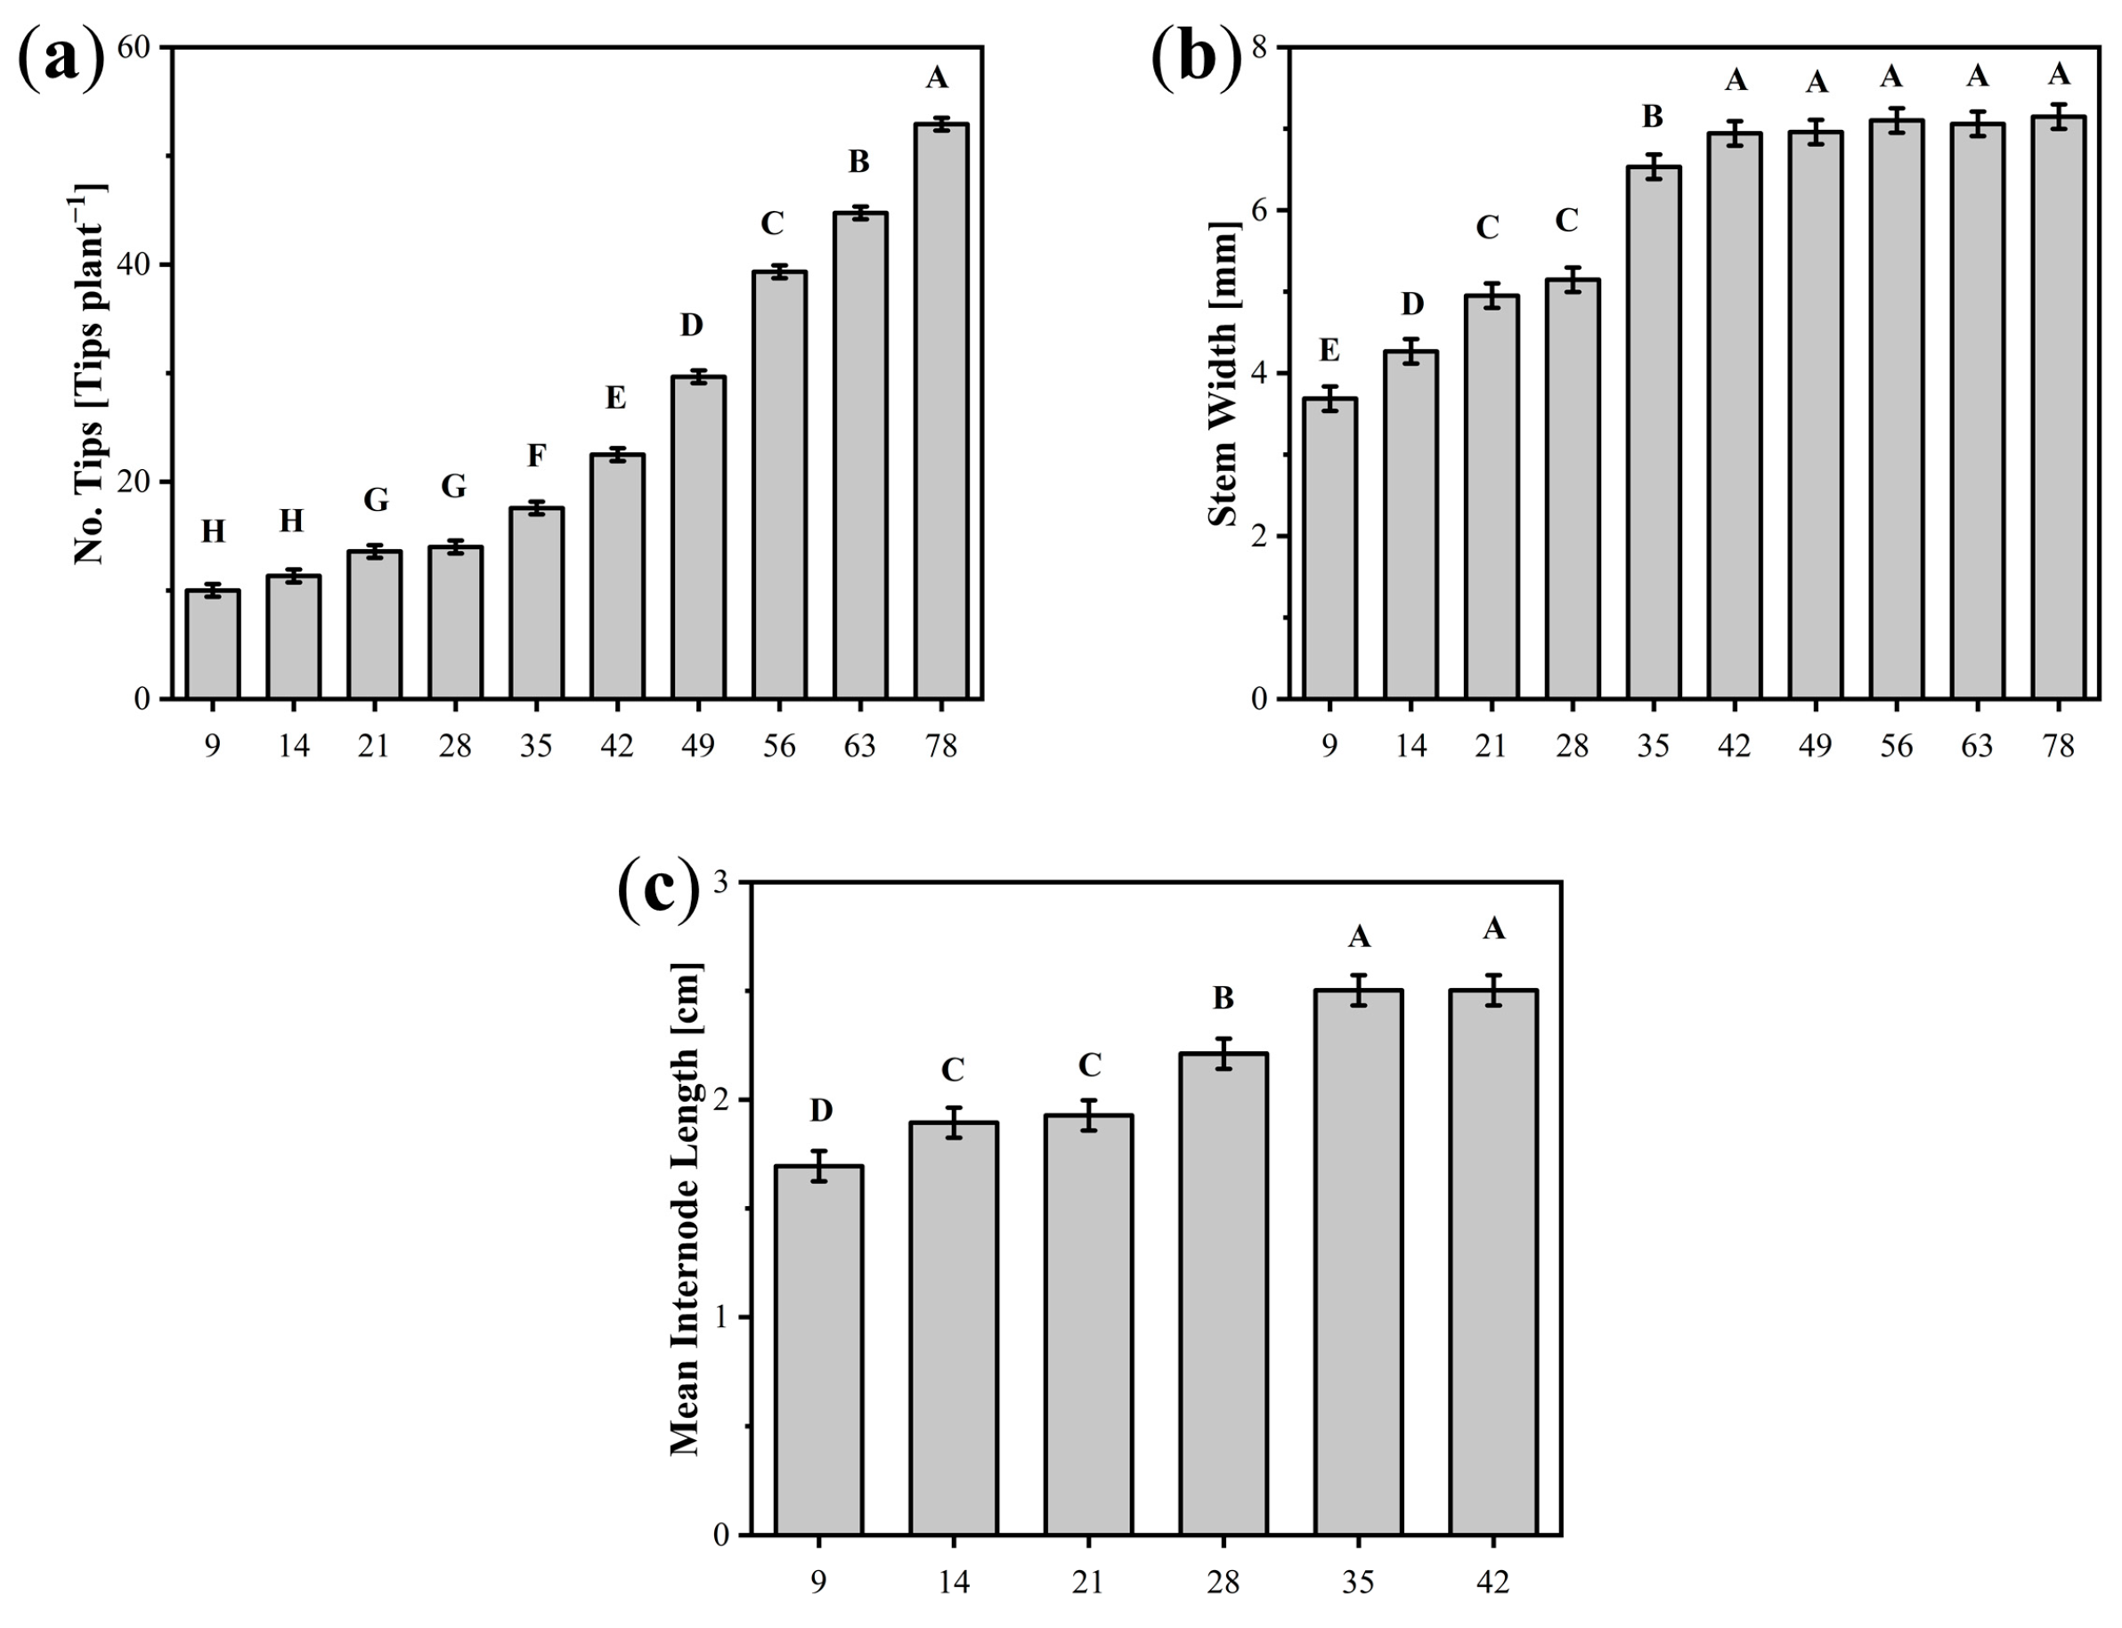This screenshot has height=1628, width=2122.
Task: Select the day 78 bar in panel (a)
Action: [940, 411]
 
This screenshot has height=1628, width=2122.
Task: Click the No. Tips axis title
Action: [89, 373]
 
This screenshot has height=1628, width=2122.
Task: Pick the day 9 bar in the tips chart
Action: [212, 644]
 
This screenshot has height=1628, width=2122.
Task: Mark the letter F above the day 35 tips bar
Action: [536, 455]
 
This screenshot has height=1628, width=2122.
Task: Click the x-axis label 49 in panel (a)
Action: [698, 745]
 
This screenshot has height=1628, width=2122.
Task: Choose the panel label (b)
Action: [1194, 60]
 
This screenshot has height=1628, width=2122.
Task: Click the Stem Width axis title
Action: [1224, 373]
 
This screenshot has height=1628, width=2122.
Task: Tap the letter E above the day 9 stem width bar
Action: [1329, 351]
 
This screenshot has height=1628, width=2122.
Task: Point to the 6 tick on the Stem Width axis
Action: [1265, 210]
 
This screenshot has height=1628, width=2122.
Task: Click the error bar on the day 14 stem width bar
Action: [1411, 351]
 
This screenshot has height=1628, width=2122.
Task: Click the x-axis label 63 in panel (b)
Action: [1977, 745]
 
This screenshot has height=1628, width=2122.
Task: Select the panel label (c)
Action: [658, 893]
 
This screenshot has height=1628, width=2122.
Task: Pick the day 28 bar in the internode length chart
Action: [1224, 1293]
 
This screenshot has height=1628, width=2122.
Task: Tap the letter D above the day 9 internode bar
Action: [820, 1111]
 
